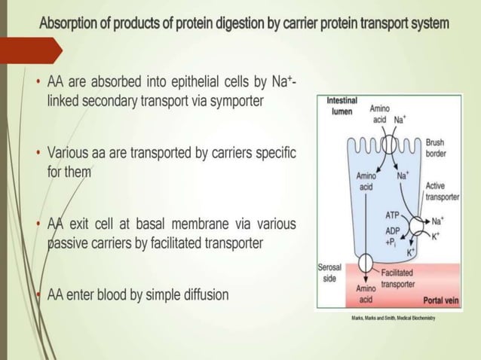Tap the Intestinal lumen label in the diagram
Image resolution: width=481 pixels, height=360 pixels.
pyautogui.click(x=342, y=106)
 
